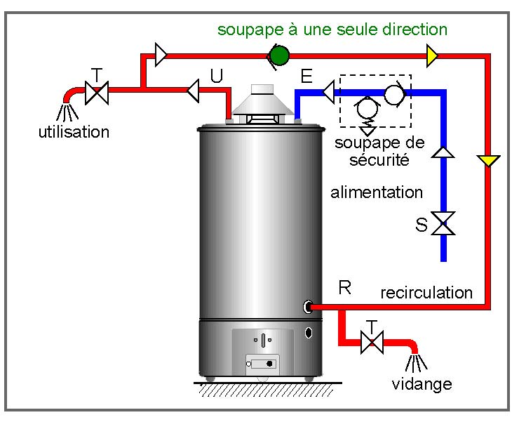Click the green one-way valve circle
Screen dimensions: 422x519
(x=279, y=55)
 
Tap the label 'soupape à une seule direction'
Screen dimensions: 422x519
(x=332, y=29)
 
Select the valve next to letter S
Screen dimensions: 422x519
(x=443, y=224)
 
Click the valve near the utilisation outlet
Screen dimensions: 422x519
(x=96, y=91)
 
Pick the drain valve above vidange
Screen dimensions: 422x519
(x=372, y=343)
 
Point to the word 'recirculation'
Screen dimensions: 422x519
(x=426, y=292)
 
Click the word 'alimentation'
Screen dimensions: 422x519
(x=377, y=192)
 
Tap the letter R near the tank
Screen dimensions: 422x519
(x=344, y=287)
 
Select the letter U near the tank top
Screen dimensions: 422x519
(x=216, y=76)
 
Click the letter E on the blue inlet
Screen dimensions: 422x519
(x=306, y=76)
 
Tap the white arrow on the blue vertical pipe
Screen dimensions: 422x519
(x=443, y=150)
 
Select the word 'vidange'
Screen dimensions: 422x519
(x=422, y=384)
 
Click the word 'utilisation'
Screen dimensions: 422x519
(x=74, y=131)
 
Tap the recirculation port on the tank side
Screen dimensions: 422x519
(x=308, y=306)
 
